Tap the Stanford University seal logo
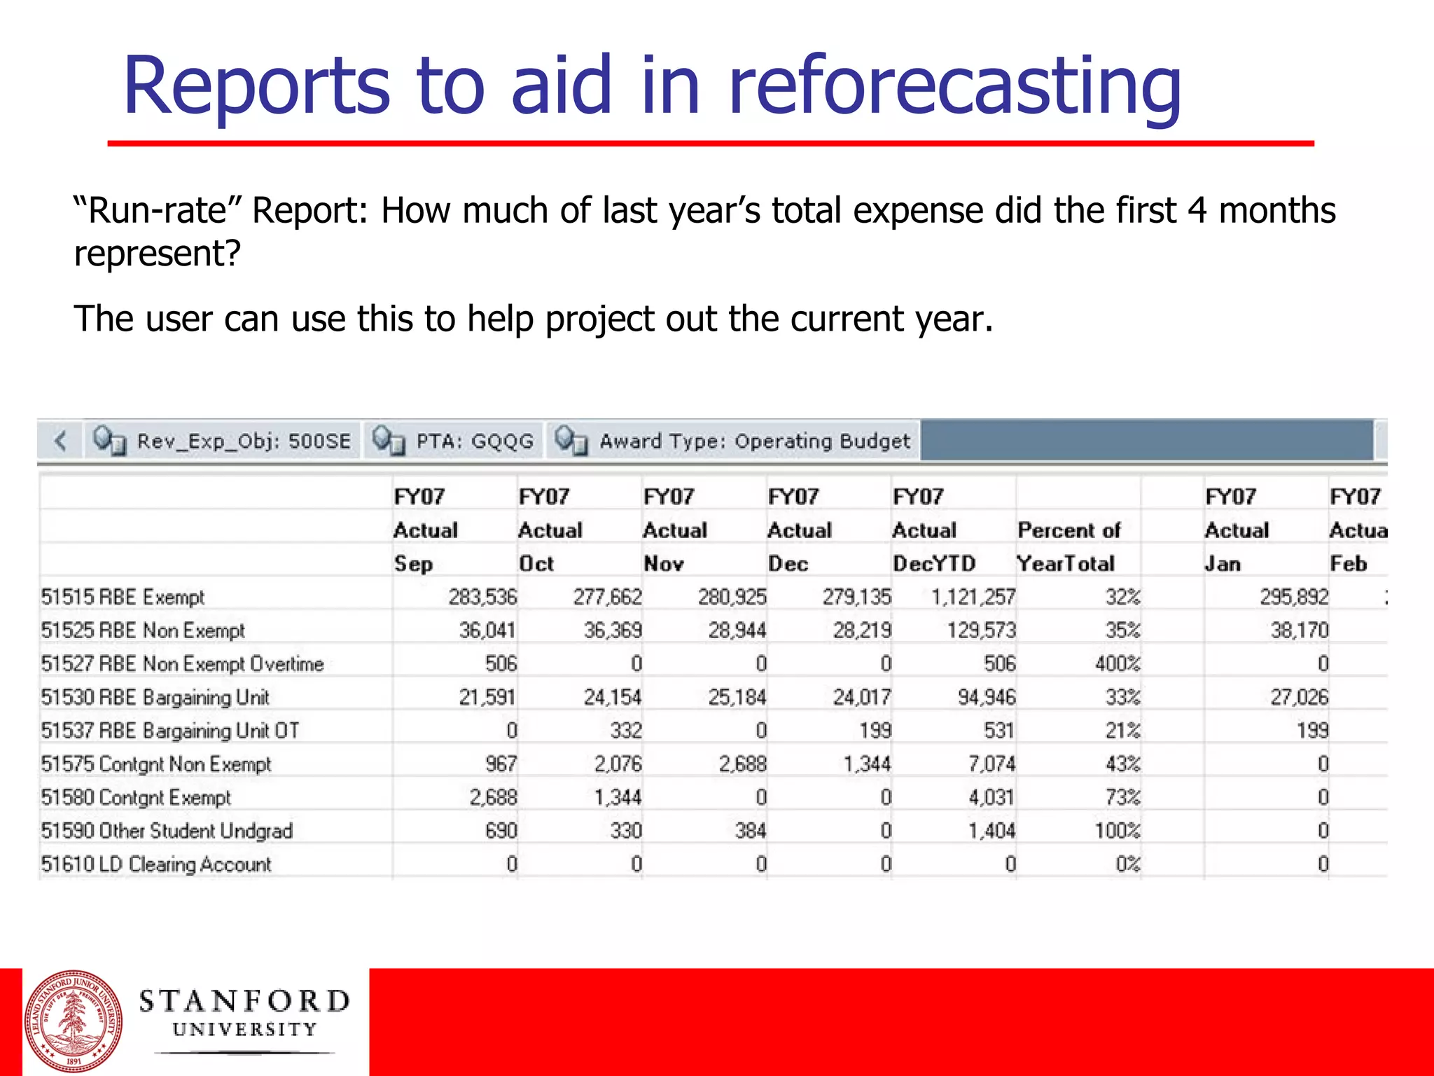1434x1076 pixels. [74, 1021]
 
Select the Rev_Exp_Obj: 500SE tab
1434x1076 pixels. [223, 441]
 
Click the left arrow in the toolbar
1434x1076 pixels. [61, 441]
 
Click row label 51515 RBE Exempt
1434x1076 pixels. [123, 597]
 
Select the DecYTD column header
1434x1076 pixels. [933, 563]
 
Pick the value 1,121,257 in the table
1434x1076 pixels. [972, 597]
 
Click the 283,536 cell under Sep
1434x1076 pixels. [482, 597]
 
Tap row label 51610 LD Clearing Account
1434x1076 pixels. [155, 864]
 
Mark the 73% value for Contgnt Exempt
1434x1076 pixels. [1122, 797]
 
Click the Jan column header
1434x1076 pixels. [1223, 563]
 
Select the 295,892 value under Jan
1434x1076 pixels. [1293, 597]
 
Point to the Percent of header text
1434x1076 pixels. [1068, 530]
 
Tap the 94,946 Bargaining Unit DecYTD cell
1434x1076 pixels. [986, 697]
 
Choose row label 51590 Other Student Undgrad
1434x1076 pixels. [167, 831]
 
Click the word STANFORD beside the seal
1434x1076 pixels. [244, 1001]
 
